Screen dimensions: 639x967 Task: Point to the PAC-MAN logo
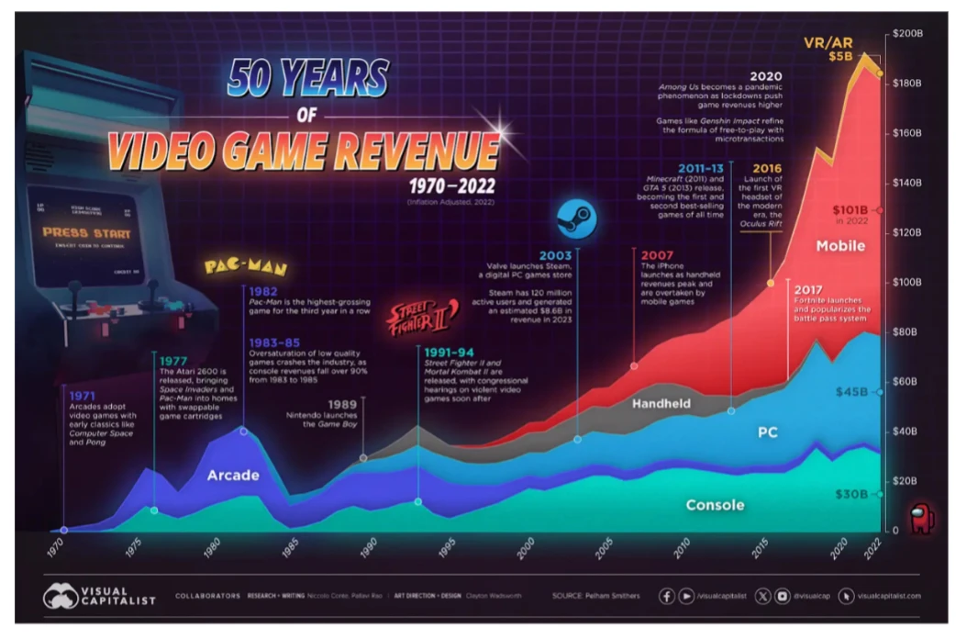(245, 268)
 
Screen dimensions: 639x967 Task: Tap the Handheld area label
(661, 403)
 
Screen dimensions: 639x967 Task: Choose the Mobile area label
(840, 246)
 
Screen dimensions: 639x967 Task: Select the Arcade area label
(233, 475)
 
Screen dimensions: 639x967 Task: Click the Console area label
(715, 505)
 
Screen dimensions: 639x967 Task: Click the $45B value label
(852, 392)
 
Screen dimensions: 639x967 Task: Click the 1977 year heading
(173, 360)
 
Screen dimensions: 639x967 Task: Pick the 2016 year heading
(768, 168)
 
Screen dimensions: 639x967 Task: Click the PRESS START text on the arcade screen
(86, 233)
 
